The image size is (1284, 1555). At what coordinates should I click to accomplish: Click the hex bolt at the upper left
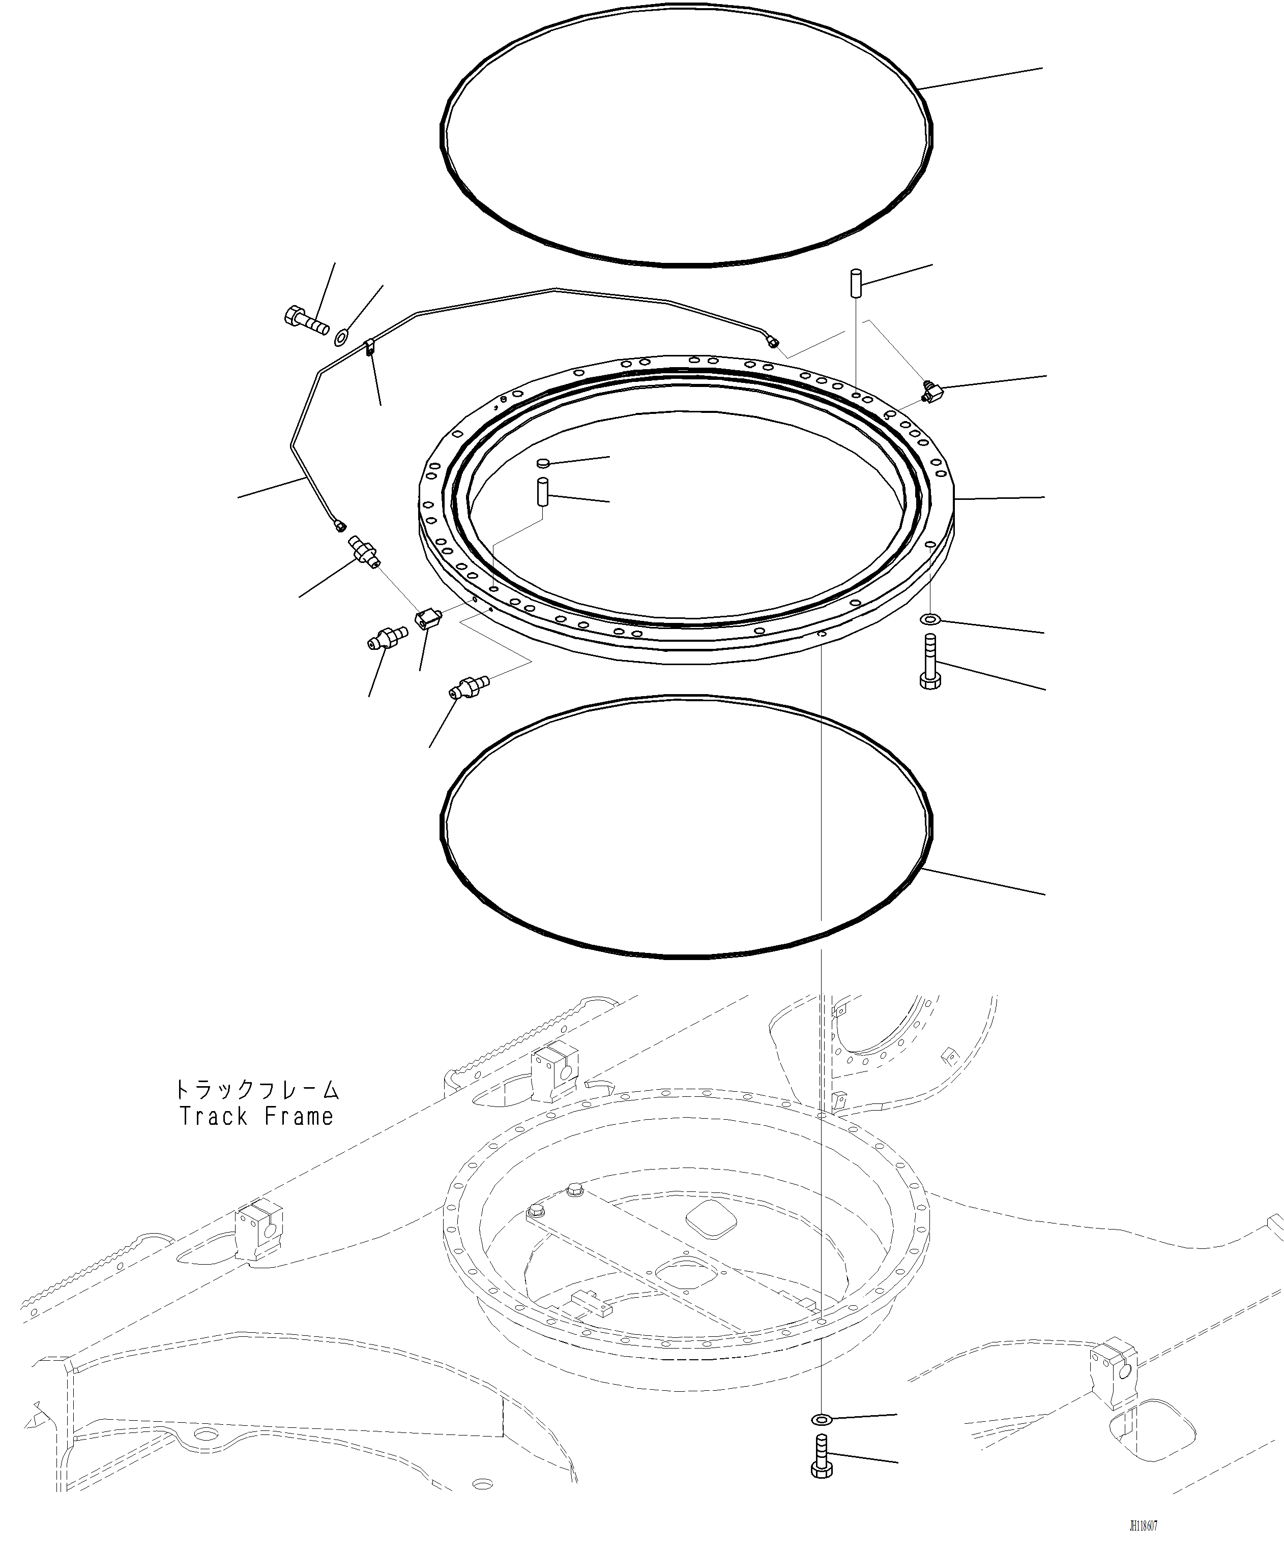(304, 319)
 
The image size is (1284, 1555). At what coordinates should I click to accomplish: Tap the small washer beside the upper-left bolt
(341, 339)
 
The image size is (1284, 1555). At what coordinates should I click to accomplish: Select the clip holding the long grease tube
(369, 346)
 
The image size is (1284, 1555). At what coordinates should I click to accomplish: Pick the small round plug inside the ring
(544, 463)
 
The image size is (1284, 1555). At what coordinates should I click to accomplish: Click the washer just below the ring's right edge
(930, 618)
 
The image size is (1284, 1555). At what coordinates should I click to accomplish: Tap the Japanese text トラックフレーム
(256, 1089)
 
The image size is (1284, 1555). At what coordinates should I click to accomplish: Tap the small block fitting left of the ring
(427, 618)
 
